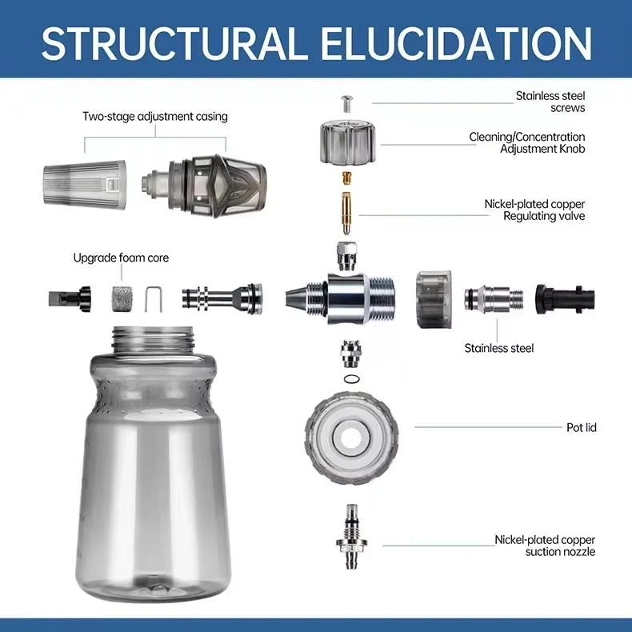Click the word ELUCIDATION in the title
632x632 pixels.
point(456,43)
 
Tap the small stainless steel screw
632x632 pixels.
point(346,103)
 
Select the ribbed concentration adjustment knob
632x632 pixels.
point(349,142)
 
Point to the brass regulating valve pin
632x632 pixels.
point(346,213)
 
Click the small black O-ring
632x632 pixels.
point(352,379)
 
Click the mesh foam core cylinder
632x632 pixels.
point(121,298)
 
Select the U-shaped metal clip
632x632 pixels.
point(154,299)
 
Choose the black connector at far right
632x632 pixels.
point(565,299)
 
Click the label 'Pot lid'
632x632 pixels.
point(582,427)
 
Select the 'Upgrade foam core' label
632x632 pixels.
point(121,258)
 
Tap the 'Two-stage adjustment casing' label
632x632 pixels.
point(155,117)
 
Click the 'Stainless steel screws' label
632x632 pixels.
point(550,102)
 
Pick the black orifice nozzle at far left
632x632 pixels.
point(70,299)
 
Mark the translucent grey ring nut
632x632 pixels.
point(434,299)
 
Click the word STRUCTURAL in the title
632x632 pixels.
point(172,43)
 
